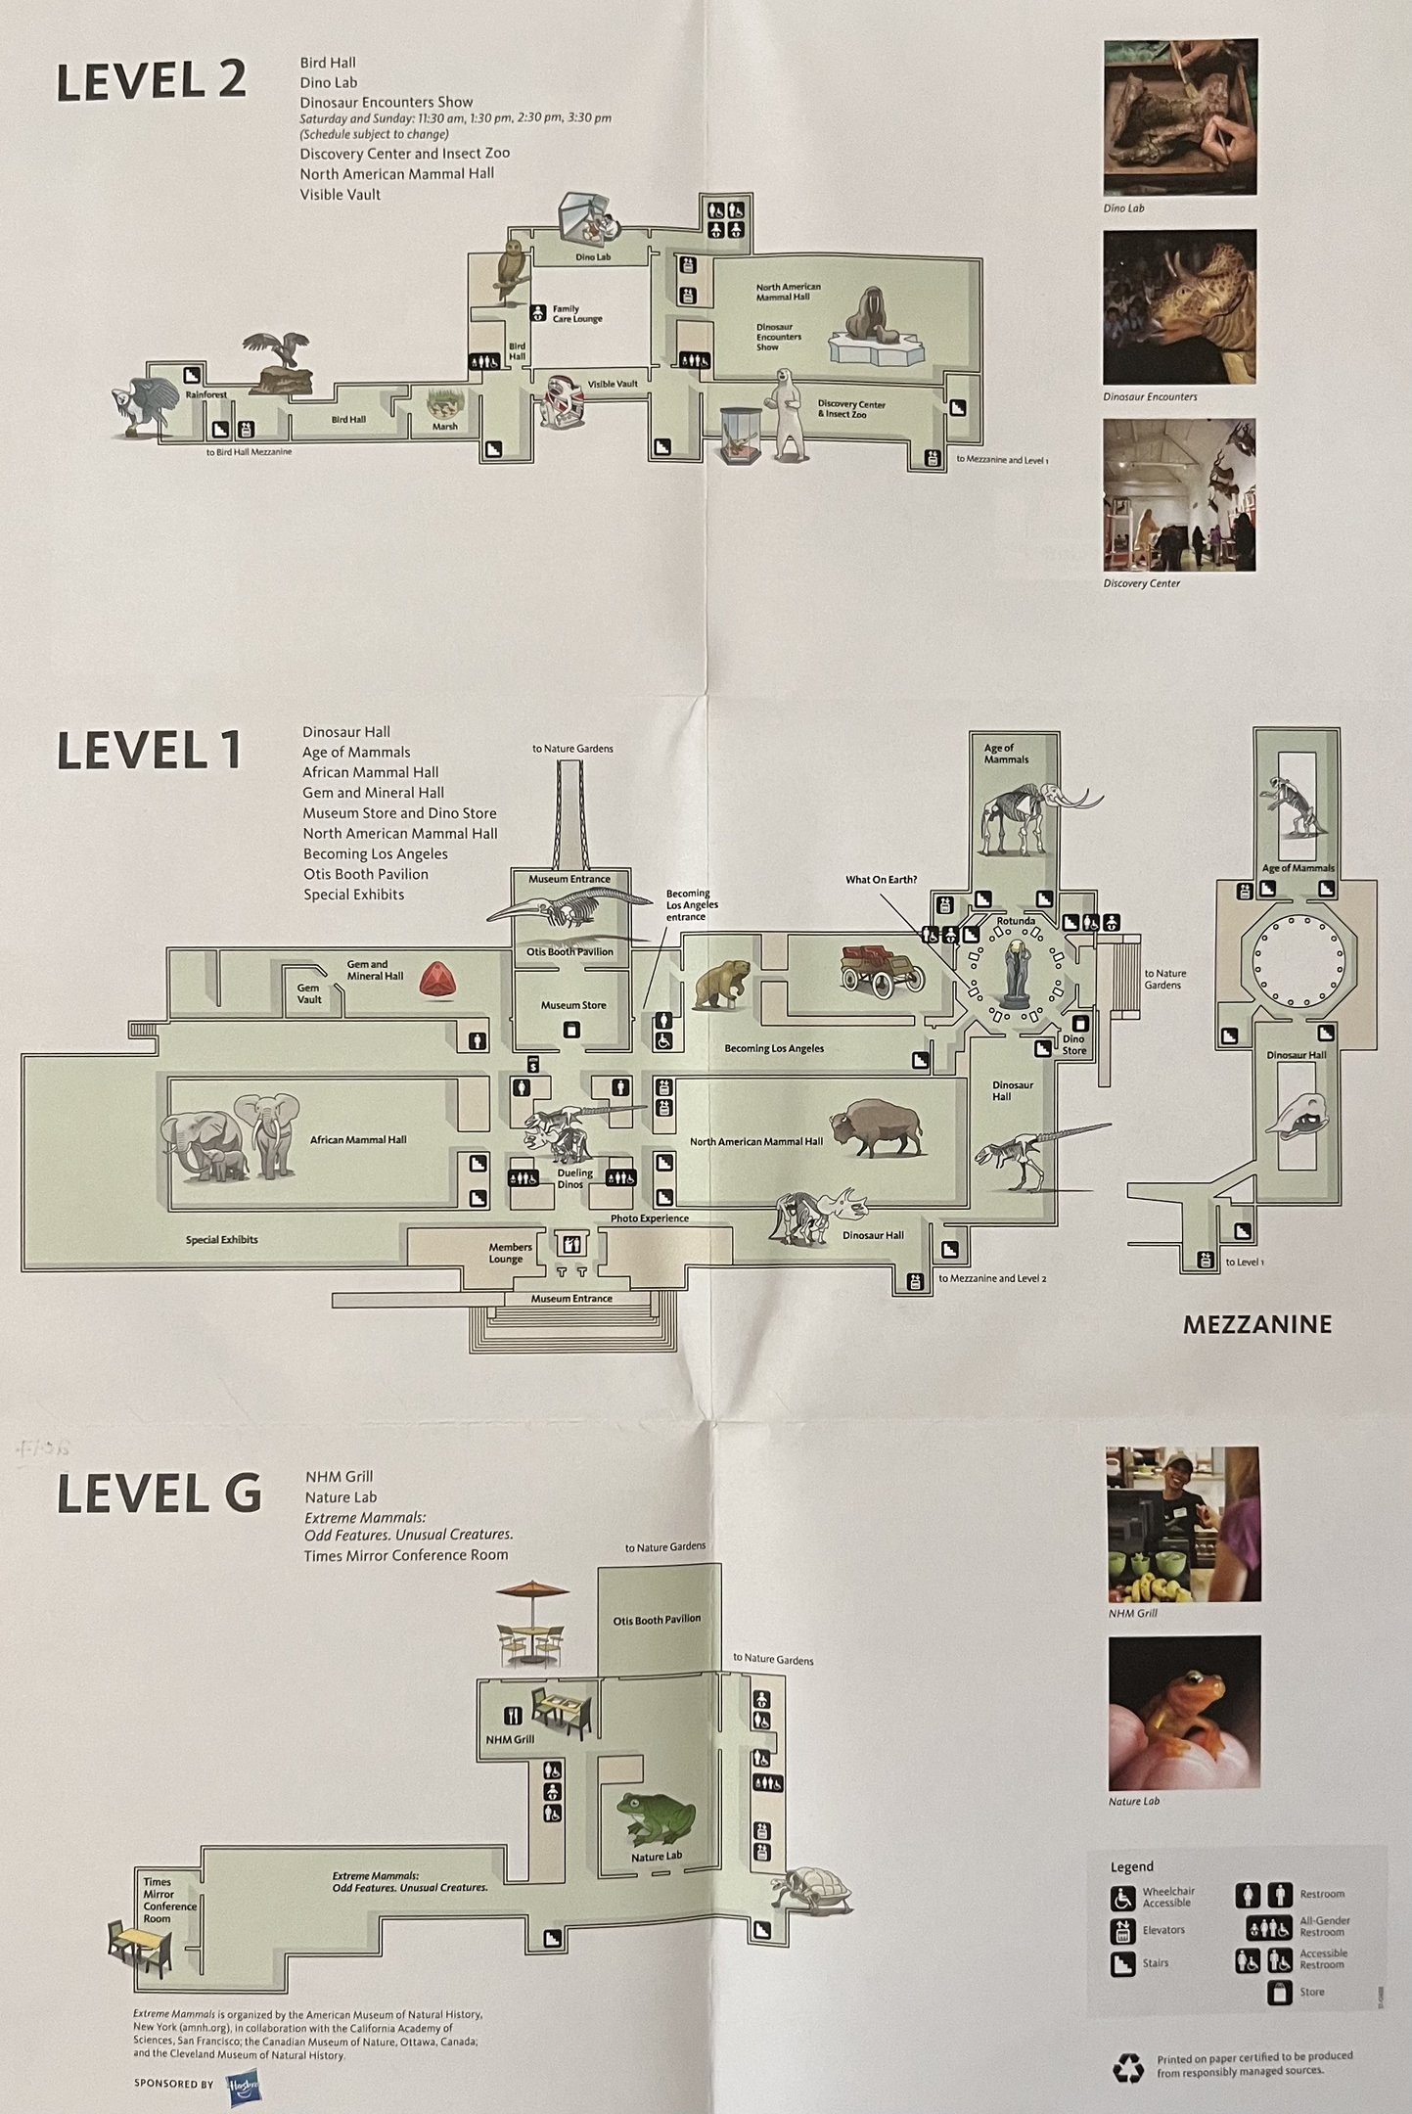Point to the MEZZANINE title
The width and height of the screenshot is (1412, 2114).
tap(1256, 1325)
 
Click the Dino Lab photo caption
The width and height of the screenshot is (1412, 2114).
tap(1123, 208)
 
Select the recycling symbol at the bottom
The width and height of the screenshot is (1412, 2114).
tap(1128, 2067)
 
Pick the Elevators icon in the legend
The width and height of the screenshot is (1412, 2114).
tap(1122, 1931)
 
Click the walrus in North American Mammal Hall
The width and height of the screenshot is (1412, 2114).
tap(869, 315)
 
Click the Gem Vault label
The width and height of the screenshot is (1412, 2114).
tap(309, 993)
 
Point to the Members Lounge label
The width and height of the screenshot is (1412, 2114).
tap(509, 1253)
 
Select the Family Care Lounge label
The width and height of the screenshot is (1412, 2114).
tap(576, 313)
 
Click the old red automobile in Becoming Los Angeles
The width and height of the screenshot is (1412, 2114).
tap(881, 969)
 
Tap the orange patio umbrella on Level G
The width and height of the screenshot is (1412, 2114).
tap(532, 1590)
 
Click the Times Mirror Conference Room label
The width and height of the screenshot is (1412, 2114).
tap(169, 1900)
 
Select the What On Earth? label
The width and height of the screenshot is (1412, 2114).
tap(881, 880)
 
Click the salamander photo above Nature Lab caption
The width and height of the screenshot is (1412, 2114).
tap(1184, 1712)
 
